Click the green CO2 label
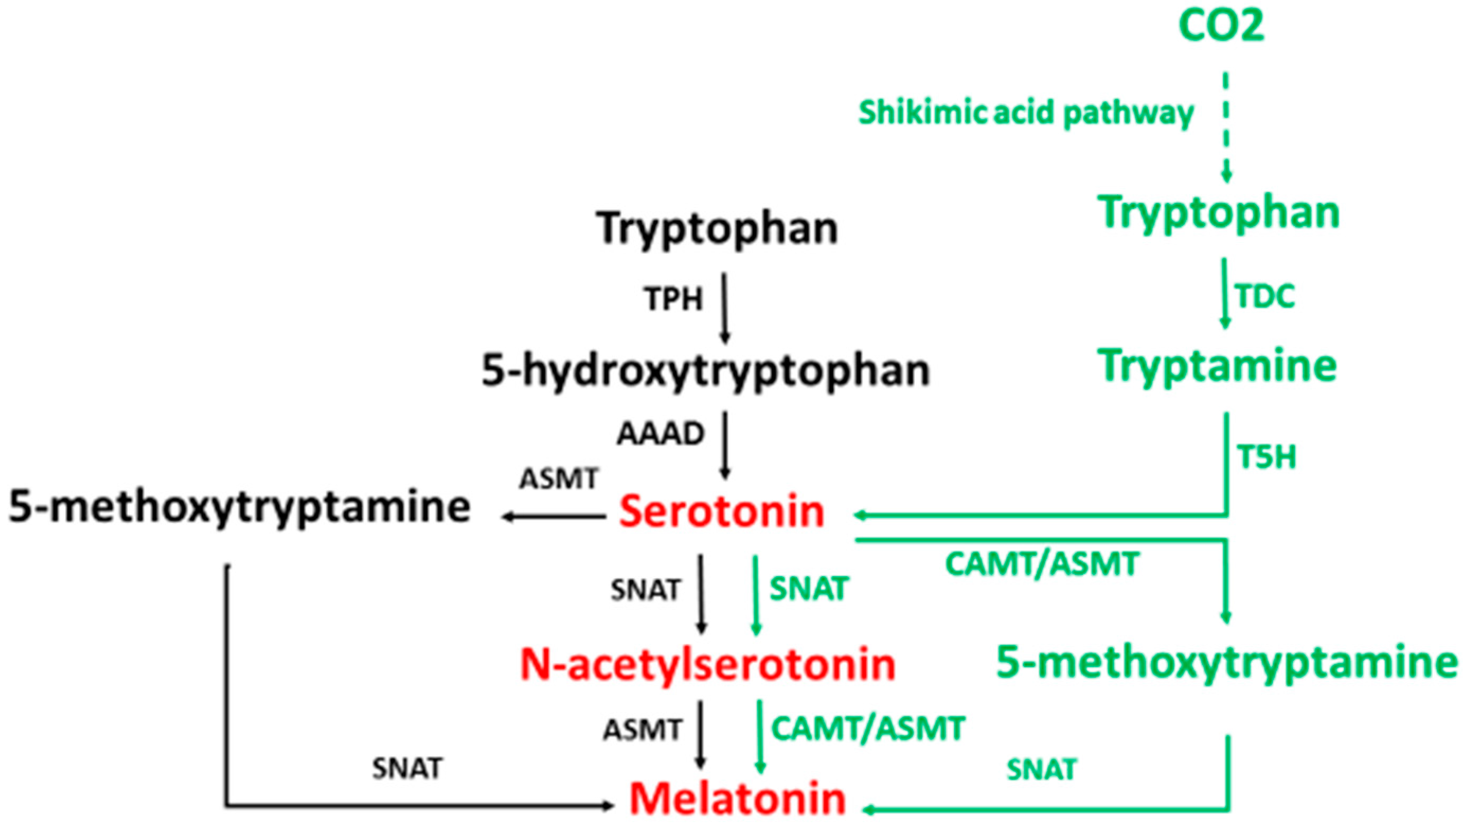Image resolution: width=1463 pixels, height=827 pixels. [1221, 26]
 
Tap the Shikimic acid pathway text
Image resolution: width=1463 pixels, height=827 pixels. [1026, 113]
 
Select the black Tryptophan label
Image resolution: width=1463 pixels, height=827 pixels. [717, 229]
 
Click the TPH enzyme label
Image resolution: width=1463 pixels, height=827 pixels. [674, 299]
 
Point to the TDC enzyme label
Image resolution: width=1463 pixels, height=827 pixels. [1265, 296]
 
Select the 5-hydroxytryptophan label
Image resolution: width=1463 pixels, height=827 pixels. [705, 370]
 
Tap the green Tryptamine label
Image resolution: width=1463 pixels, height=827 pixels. [1217, 366]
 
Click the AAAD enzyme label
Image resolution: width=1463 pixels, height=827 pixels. [660, 435]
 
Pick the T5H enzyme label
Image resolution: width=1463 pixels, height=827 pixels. [1267, 457]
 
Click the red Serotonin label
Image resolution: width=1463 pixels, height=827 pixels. [721, 512]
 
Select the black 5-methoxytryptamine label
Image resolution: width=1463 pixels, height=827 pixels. [240, 507]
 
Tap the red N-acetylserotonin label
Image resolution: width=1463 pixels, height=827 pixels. [707, 665]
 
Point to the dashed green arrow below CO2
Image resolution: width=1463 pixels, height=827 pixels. [1226, 125]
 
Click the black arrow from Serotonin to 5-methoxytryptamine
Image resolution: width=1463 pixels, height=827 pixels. [554, 517]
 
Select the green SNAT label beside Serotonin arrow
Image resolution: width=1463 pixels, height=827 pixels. [809, 588]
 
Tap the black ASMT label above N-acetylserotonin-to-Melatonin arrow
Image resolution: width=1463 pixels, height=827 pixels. [642, 730]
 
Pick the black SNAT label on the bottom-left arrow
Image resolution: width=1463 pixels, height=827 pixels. [407, 769]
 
